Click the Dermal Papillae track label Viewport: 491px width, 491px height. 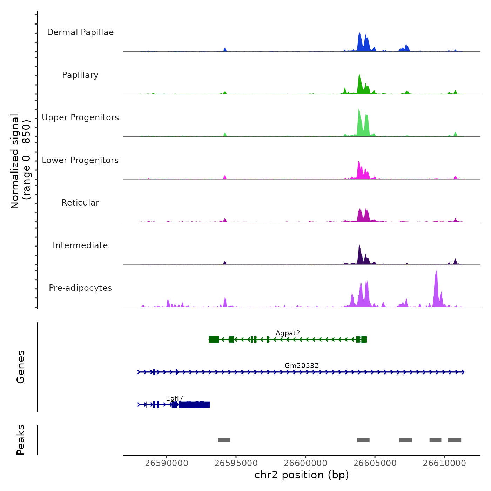click(x=80, y=32)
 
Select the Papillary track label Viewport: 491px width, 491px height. click(x=80, y=75)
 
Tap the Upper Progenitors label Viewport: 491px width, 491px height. click(x=80, y=117)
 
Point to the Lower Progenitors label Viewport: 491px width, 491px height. click(x=80, y=160)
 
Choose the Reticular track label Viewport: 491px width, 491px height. click(x=80, y=203)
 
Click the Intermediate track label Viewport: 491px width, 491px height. click(x=80, y=245)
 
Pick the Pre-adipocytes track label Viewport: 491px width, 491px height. click(x=80, y=288)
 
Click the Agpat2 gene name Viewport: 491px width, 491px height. click(x=288, y=333)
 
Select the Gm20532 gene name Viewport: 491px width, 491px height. click(x=302, y=366)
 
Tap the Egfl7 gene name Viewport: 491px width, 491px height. click(x=174, y=398)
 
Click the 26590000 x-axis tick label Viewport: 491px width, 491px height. click(x=167, y=463)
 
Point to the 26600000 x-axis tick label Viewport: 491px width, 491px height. click(x=305, y=463)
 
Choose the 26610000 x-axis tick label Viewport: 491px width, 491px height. click(x=444, y=463)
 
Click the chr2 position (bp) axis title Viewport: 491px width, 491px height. click(x=302, y=475)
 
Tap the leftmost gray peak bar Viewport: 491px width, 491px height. click(x=224, y=440)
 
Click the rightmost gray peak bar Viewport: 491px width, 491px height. click(x=455, y=440)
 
